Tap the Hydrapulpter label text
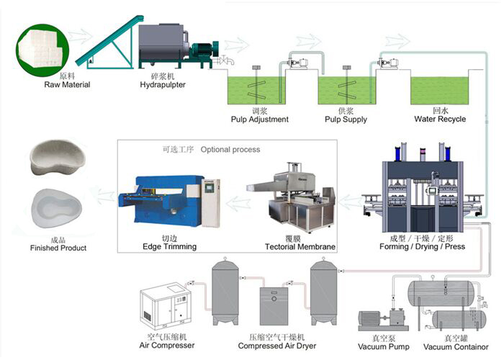[x=164, y=84]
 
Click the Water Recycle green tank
[x=440, y=90]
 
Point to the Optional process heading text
[x=230, y=150]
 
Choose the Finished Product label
[x=58, y=248]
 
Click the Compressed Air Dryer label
[x=277, y=346]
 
